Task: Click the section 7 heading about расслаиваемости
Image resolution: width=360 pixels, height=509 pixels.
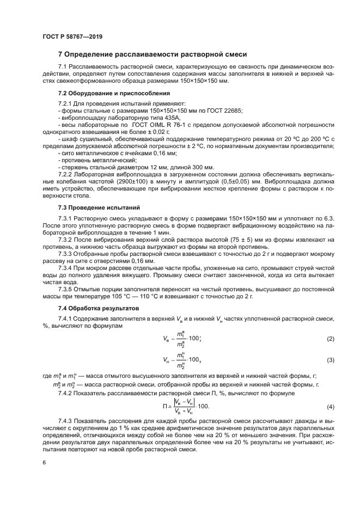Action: click(x=152, y=54)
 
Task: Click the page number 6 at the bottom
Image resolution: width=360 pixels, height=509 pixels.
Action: click(x=43, y=462)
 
